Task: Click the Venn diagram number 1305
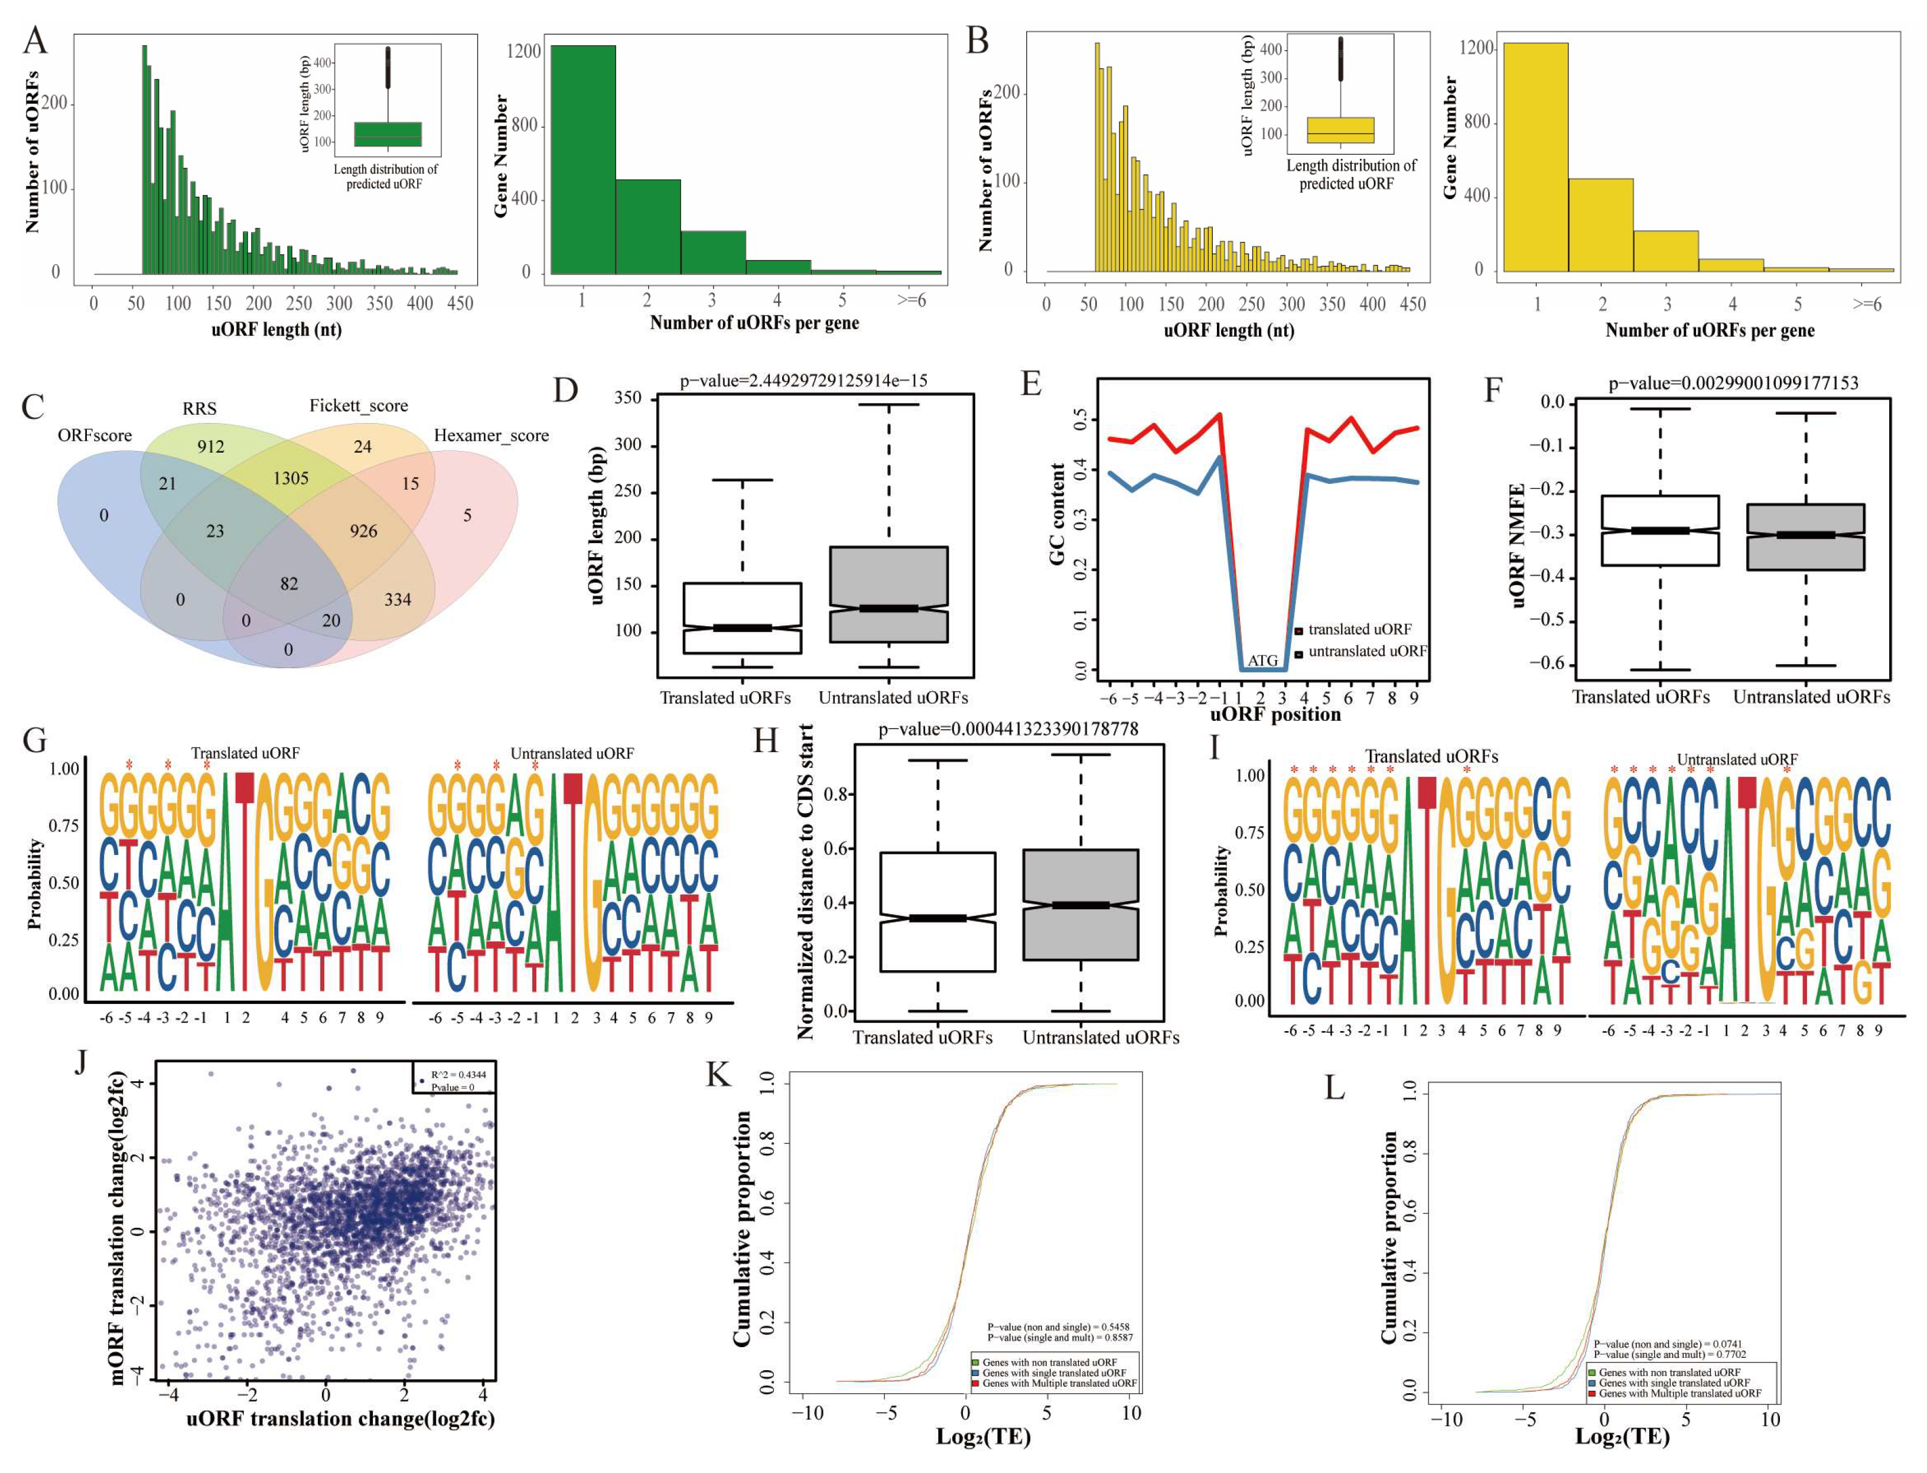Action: tap(290, 479)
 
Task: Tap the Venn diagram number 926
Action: tap(363, 531)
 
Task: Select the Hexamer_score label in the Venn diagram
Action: tap(491, 436)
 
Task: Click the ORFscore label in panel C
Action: tap(95, 436)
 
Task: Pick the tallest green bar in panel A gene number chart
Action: tap(582, 160)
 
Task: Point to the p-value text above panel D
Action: tap(803, 381)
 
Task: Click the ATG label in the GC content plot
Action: tap(1262, 660)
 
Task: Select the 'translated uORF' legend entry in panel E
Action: tap(1358, 629)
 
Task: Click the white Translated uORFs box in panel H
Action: tap(937, 912)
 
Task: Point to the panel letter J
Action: tap(82, 1062)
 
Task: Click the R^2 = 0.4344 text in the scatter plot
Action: tap(458, 1074)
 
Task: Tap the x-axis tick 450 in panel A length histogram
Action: tap(460, 303)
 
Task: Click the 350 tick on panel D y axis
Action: tap(628, 398)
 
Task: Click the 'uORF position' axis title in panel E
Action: tap(1275, 714)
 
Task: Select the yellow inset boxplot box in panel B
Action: tap(1340, 130)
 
